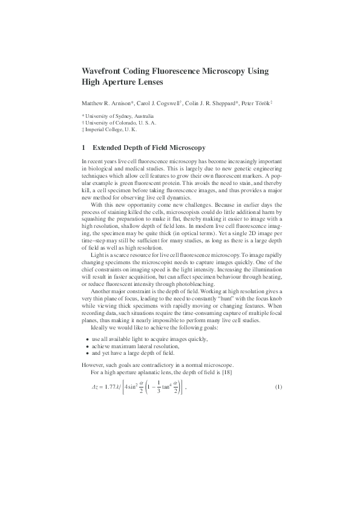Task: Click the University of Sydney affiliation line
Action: [x=118, y=116]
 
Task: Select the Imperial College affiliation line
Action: [x=110, y=129]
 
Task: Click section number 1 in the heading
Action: [x=83, y=148]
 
